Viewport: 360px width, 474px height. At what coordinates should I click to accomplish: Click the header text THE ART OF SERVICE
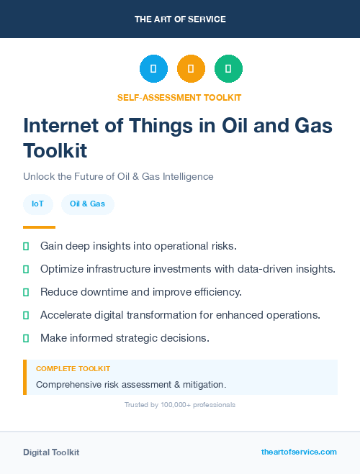click(180, 19)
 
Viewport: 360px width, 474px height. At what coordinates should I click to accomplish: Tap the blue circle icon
click(153, 69)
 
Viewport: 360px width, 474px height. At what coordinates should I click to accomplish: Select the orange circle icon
click(191, 69)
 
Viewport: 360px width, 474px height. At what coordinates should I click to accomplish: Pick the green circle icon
click(228, 69)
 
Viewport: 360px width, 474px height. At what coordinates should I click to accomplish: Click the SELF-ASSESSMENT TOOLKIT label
click(179, 97)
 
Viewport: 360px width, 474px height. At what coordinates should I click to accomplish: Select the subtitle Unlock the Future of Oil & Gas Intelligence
click(118, 176)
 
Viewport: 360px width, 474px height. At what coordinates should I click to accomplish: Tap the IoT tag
click(37, 204)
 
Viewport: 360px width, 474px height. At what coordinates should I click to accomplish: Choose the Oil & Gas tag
click(87, 204)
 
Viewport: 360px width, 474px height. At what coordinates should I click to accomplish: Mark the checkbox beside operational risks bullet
click(26, 246)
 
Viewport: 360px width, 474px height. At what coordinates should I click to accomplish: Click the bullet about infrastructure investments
click(187, 269)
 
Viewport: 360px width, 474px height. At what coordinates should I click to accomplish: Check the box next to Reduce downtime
click(26, 292)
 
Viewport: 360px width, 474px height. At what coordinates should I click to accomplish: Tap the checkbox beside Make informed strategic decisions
click(26, 338)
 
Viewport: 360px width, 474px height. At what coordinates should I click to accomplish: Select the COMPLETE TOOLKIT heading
click(73, 368)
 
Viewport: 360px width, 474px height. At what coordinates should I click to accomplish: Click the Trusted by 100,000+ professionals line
click(180, 405)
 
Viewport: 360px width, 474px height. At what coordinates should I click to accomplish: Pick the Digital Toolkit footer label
click(51, 452)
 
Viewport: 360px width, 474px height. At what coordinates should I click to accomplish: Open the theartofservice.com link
click(299, 452)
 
